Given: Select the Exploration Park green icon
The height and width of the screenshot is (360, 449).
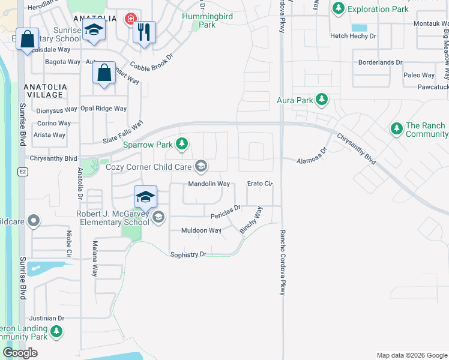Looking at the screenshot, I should (x=339, y=8).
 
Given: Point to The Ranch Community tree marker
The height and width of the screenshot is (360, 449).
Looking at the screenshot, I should (x=396, y=128).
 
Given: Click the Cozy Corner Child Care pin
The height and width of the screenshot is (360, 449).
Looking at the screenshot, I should (x=202, y=166).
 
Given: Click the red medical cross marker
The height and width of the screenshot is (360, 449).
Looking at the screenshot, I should (x=130, y=20).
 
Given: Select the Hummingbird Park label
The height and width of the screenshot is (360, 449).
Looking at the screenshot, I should (x=199, y=20).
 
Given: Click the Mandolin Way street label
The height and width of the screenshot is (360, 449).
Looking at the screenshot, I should (x=209, y=184).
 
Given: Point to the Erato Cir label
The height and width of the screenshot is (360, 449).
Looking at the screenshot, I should (x=261, y=184).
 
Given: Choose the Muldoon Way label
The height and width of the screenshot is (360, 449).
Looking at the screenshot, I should (x=202, y=230).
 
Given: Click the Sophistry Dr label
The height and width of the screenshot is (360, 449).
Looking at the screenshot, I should (x=188, y=254).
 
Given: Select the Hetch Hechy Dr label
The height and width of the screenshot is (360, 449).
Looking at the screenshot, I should (x=353, y=36).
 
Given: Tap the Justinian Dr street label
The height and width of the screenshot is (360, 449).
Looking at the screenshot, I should (x=44, y=318).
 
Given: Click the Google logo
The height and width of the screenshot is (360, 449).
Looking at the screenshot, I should (x=20, y=353).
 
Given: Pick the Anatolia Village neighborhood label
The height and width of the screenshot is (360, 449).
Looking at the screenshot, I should (x=43, y=91).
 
